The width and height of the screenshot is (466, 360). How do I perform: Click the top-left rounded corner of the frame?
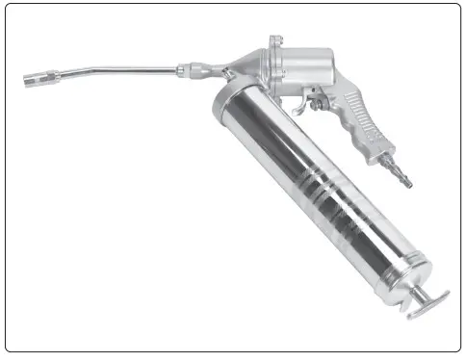click(9, 9)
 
